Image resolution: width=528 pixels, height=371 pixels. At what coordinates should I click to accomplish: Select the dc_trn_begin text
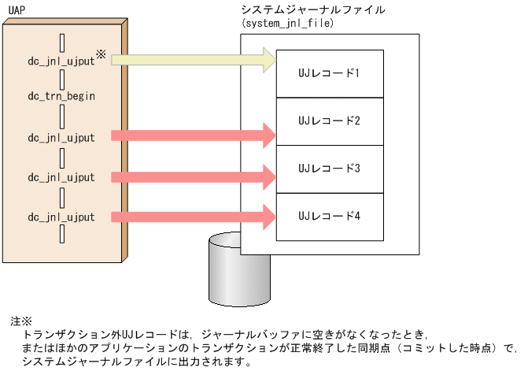coord(61,96)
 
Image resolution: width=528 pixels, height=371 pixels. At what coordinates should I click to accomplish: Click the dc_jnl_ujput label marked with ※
coord(61,59)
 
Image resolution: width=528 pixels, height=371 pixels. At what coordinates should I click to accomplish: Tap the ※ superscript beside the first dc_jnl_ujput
coord(101,54)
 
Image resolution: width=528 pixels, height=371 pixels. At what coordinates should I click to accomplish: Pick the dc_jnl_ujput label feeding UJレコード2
coord(61,137)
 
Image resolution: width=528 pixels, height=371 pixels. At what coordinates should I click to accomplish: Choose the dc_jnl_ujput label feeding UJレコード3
coord(61,177)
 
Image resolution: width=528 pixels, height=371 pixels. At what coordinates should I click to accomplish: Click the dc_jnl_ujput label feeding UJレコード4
coord(61,217)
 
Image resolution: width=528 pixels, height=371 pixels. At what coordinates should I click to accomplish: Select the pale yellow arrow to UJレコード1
coord(193,59)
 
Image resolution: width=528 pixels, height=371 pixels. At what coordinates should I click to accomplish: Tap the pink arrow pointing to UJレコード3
coord(193,176)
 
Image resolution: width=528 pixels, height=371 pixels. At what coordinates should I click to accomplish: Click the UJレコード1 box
coord(330,73)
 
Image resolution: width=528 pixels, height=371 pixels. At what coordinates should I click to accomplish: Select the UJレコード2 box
coord(330,121)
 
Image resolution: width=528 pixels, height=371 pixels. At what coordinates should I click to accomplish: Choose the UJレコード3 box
coord(330,169)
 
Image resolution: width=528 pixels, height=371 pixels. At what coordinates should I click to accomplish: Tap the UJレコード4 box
coord(330,216)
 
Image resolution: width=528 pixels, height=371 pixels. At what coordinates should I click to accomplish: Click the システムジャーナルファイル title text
coord(313,10)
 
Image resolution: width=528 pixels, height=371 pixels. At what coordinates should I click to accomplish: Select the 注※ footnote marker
coord(20,321)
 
